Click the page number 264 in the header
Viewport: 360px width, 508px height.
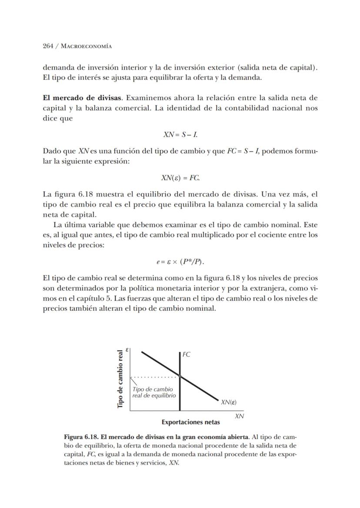coord(48,46)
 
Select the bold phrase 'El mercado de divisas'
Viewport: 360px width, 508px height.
coord(82,97)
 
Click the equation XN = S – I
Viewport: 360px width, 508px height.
coord(180,135)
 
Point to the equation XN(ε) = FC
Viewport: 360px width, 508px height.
coord(180,178)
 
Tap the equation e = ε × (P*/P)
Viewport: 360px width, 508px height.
coord(180,262)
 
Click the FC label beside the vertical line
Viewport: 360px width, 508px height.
coord(186,354)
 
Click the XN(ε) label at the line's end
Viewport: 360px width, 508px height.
coord(229,402)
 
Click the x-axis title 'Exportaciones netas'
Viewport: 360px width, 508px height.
coord(190,422)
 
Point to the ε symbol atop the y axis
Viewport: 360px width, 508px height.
coord(127,349)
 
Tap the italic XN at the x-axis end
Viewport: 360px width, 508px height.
coord(239,416)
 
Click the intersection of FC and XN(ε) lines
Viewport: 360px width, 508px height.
coord(180,376)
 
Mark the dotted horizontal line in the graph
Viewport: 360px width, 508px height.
coord(154,376)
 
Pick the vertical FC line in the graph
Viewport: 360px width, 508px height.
coord(180,396)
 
